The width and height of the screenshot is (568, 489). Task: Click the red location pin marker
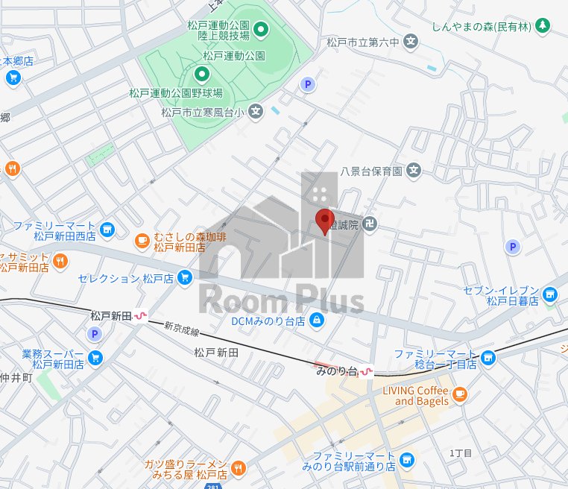click(324, 221)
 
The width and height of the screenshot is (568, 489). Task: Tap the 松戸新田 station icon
click(139, 316)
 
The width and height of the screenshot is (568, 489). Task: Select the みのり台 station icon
click(366, 370)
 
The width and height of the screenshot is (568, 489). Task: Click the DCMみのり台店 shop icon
click(317, 321)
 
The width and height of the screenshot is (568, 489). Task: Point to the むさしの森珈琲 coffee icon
click(142, 240)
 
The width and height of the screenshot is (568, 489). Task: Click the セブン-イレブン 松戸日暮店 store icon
click(550, 295)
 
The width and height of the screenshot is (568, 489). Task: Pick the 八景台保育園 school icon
click(414, 171)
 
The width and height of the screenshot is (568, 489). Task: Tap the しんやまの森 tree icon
click(543, 26)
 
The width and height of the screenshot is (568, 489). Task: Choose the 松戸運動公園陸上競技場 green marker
click(261, 30)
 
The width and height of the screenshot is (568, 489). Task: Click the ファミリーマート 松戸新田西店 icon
click(107, 230)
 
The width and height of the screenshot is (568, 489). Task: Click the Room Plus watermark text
click(282, 301)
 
